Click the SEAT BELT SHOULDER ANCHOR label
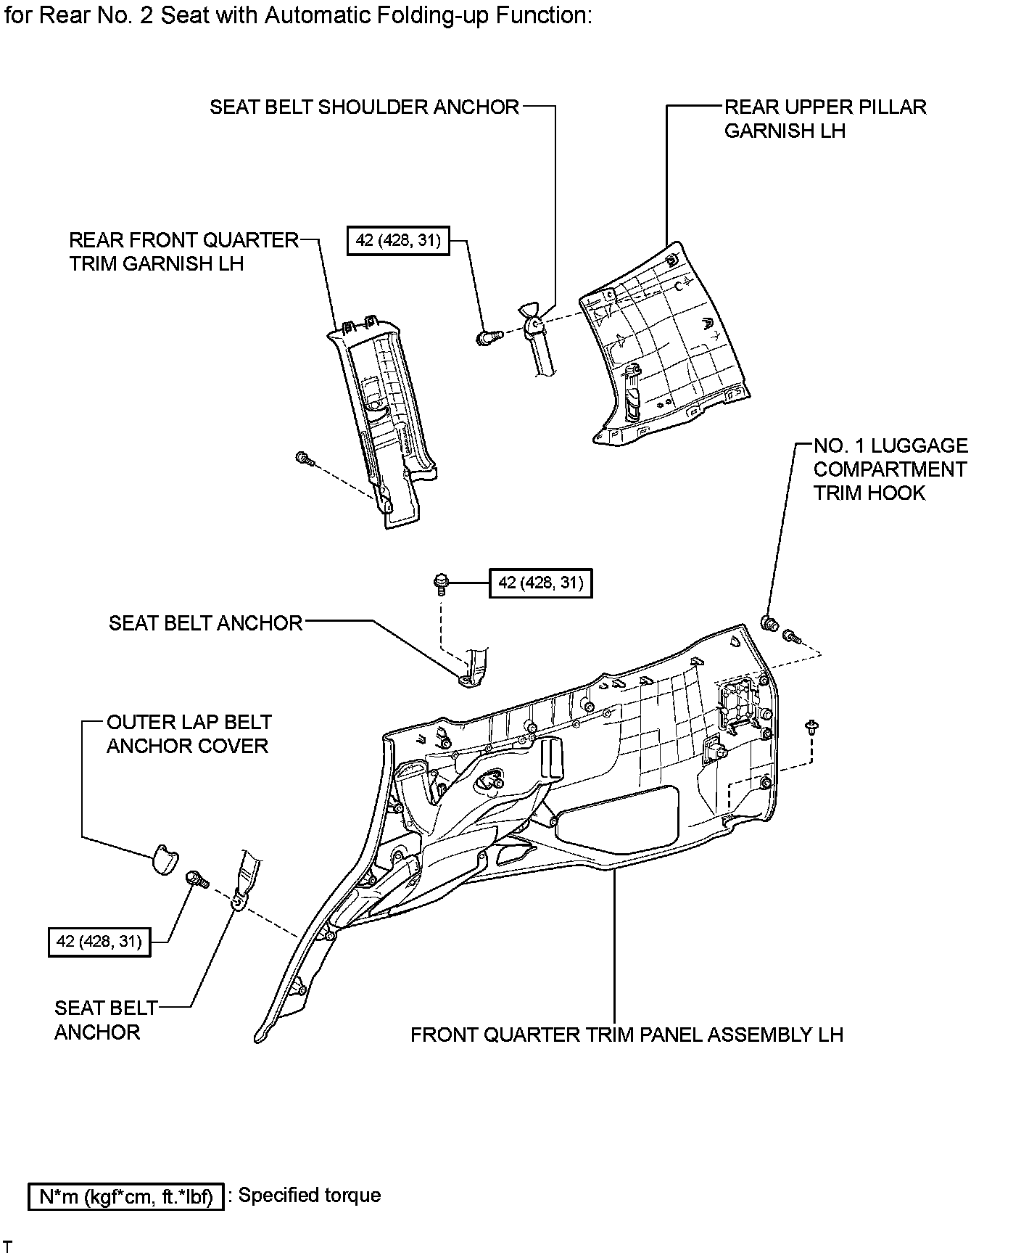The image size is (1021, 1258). coord(364,107)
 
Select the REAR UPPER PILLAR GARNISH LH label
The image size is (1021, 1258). coord(824,119)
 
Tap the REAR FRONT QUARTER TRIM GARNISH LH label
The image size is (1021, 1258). coord(183,252)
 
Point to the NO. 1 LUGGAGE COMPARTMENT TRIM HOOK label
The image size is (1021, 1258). coord(890,469)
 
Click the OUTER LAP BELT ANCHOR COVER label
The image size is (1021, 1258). coord(189,734)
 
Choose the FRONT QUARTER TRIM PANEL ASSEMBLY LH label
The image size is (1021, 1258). coord(627,1035)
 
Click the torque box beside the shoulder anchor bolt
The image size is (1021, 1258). coord(398,240)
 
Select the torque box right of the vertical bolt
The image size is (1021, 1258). coord(540,583)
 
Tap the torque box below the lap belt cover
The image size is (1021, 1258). coord(99,942)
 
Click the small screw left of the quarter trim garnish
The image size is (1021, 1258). coord(305,458)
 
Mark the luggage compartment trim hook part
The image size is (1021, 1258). coord(769,623)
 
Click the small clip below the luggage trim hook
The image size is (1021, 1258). coord(811,726)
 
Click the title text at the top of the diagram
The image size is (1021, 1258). coord(297,16)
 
